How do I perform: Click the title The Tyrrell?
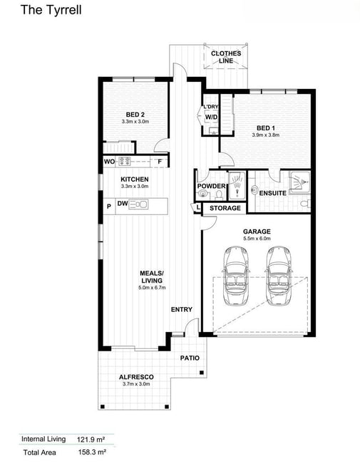51,10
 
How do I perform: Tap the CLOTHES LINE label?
226,57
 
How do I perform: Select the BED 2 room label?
135,115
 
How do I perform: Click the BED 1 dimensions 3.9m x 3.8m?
265,135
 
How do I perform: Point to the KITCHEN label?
135,180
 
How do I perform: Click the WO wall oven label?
109,162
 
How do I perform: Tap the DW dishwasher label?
123,204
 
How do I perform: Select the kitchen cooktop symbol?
125,161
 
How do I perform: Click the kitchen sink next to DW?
138,204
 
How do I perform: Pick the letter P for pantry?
109,207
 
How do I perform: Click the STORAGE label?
225,208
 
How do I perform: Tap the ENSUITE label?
272,193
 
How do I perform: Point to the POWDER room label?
211,186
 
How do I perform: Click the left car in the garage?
235,276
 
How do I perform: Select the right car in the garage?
279,276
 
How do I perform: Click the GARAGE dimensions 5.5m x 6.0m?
257,239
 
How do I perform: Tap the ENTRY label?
182,309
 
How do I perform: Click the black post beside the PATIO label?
202,373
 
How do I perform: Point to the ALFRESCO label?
136,377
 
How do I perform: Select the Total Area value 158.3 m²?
92,452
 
